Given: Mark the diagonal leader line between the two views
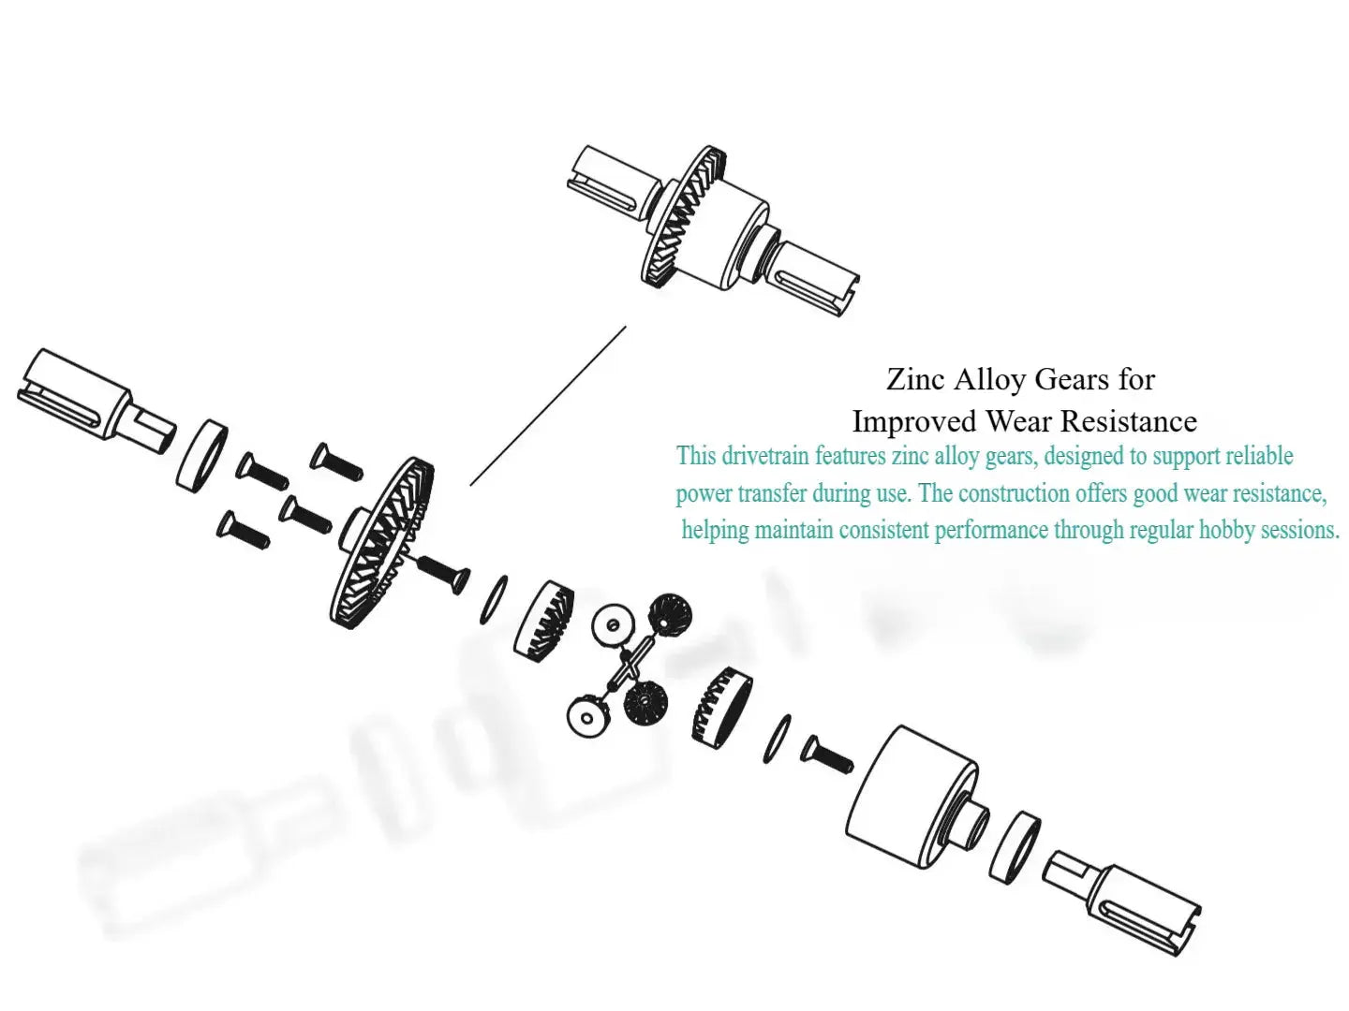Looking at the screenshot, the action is pyautogui.click(x=548, y=405).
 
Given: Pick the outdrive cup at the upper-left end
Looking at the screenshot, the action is pyautogui.click(x=96, y=402).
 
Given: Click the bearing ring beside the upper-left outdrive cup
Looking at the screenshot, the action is pyautogui.click(x=201, y=456).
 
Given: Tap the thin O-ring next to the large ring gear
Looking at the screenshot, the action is pyautogui.click(x=494, y=600).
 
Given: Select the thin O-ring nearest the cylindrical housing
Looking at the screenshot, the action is pyautogui.click(x=777, y=740).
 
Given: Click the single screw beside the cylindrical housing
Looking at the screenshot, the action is pyautogui.click(x=827, y=755).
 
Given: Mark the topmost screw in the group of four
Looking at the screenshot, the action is pyautogui.click(x=336, y=462).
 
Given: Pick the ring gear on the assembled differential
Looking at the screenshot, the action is pyautogui.click(x=684, y=216).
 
